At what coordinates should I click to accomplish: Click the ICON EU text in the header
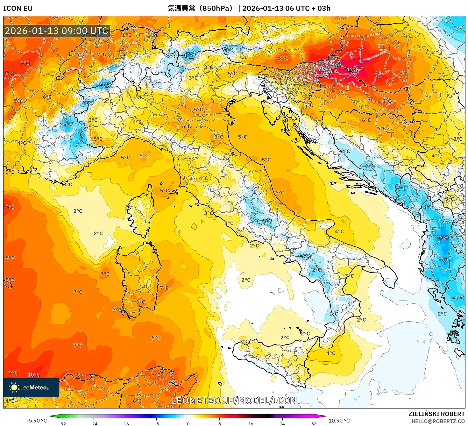point(18,8)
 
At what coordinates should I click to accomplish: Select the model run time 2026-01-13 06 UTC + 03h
point(286,8)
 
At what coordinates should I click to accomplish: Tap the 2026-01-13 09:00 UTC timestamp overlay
point(56,31)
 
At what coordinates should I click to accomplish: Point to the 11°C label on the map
point(352,69)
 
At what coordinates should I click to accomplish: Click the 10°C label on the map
point(33,375)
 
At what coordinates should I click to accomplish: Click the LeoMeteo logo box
point(31,387)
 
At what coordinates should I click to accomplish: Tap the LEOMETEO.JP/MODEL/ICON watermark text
point(234,401)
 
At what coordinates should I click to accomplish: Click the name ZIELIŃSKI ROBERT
point(436,414)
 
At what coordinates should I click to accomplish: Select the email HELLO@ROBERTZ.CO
point(438,421)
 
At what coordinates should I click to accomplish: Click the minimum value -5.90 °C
point(37,421)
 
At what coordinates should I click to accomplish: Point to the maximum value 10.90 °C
point(339,421)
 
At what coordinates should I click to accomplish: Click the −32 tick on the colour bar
point(62,424)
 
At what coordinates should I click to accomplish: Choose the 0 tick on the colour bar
point(188,424)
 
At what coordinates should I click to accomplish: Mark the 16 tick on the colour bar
point(251,424)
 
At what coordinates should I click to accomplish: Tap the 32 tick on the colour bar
point(314,424)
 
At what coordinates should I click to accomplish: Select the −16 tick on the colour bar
point(125,424)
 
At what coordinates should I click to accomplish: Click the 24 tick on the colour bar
point(282,424)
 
